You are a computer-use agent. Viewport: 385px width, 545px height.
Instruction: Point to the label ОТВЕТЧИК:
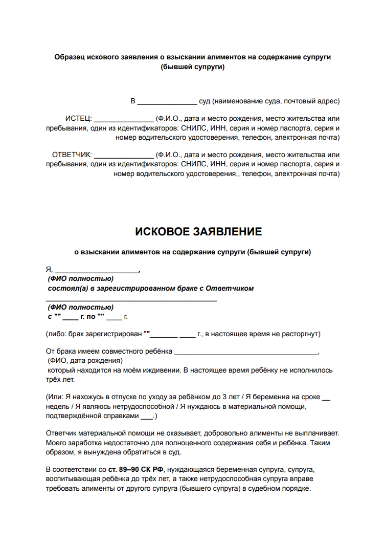(x=72, y=154)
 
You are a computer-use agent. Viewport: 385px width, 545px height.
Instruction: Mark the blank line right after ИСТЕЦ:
(x=124, y=118)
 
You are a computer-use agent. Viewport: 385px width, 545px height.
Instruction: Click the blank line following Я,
(x=97, y=270)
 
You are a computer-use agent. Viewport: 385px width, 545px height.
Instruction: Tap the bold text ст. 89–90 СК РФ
(x=137, y=469)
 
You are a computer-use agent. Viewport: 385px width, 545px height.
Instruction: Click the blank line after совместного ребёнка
(x=246, y=353)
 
